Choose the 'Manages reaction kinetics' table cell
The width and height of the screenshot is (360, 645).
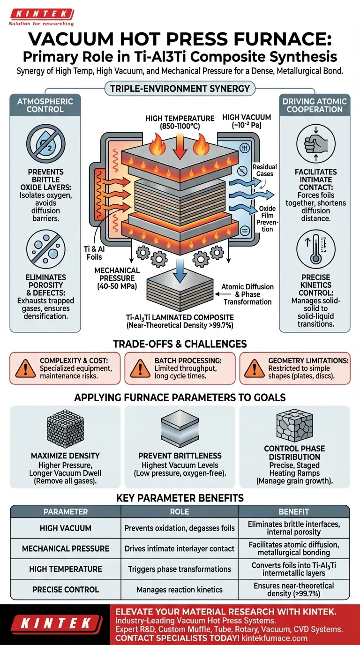(x=180, y=589)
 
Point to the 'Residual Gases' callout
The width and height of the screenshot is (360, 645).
(x=264, y=170)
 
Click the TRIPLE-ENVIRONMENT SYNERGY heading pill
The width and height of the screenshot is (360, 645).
(x=180, y=88)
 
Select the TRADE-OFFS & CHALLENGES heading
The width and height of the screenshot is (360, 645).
(x=180, y=344)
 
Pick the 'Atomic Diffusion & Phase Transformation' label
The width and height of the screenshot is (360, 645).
(x=247, y=293)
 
